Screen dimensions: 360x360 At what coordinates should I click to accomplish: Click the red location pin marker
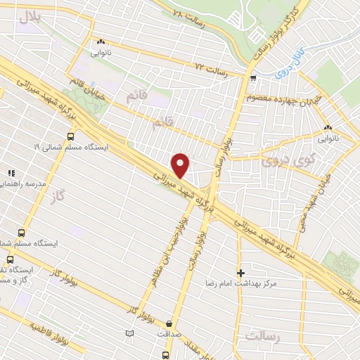181,165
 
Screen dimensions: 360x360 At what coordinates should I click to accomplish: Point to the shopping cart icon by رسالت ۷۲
252,78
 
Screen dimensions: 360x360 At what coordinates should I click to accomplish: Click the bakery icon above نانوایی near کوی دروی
328,127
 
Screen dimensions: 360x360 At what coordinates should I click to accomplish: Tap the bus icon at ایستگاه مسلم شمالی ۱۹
70,136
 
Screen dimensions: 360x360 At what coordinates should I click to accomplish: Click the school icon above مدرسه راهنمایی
11,172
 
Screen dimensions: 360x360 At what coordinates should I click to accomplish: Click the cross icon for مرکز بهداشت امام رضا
241,272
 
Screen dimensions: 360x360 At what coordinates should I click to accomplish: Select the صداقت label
167,334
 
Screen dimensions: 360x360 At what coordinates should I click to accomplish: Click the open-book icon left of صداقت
129,333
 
